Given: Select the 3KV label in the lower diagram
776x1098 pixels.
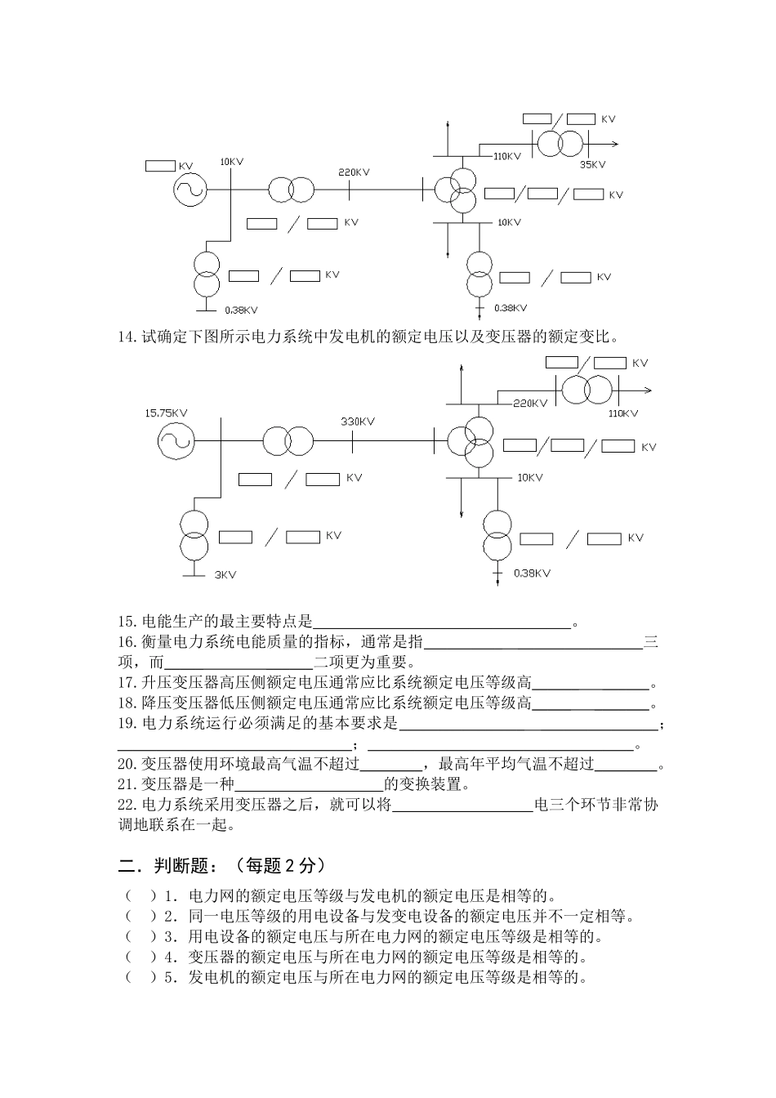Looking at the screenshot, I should (x=225, y=575).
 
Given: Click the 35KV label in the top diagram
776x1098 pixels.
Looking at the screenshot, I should (x=592, y=165).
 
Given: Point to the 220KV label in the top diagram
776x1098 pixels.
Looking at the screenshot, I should (x=354, y=172).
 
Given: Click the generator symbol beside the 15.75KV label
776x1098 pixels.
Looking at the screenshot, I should (x=176, y=442).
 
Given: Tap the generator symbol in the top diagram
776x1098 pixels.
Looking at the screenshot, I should (x=190, y=190).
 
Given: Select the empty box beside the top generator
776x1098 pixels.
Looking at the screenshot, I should (x=160, y=166).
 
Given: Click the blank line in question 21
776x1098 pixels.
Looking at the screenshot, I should (x=309, y=785).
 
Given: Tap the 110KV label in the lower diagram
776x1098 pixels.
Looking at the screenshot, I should (x=623, y=413).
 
